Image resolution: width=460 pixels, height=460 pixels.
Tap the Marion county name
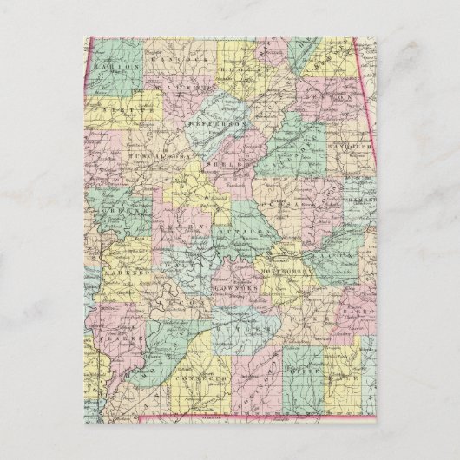[x=113, y=66]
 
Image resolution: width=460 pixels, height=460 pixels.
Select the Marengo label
[x=120, y=273]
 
